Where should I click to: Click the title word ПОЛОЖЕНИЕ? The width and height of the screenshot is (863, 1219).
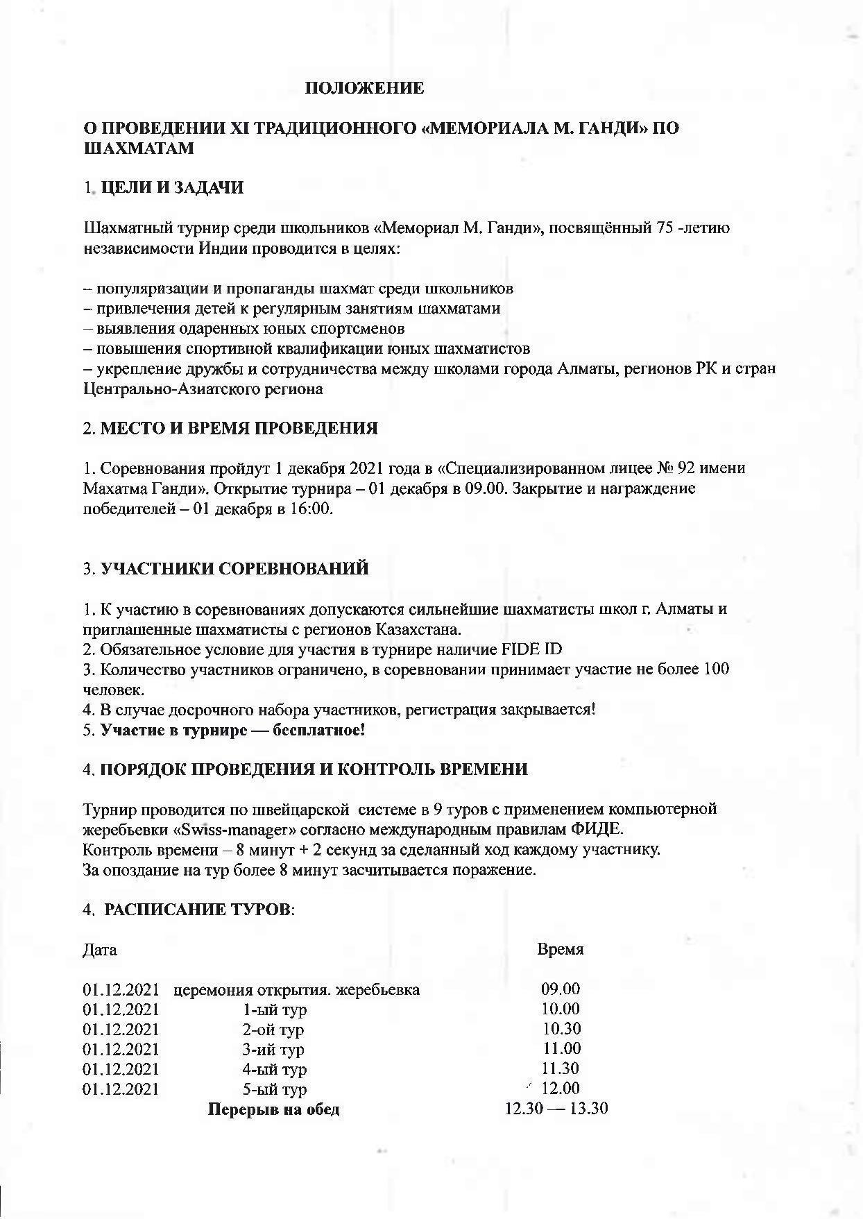pyautogui.click(x=364, y=88)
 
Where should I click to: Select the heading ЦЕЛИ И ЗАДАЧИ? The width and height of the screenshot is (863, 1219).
pyautogui.click(x=172, y=188)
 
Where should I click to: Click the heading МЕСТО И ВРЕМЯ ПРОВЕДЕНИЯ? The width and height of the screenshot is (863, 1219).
pyautogui.click(x=239, y=428)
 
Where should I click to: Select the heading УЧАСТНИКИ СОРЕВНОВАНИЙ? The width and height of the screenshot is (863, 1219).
pyautogui.click(x=234, y=569)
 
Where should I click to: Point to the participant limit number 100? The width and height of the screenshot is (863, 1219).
pyautogui.click(x=716, y=670)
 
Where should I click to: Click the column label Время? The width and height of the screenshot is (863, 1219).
pyautogui.click(x=560, y=949)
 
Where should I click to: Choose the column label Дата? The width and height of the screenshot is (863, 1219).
pyautogui.click(x=100, y=949)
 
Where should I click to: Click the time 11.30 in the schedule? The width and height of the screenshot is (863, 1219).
pyautogui.click(x=560, y=1068)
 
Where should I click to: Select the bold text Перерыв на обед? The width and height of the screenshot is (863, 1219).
pyautogui.click(x=274, y=1109)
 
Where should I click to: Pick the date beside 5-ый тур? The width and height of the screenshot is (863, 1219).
pyautogui.click(x=121, y=1089)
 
